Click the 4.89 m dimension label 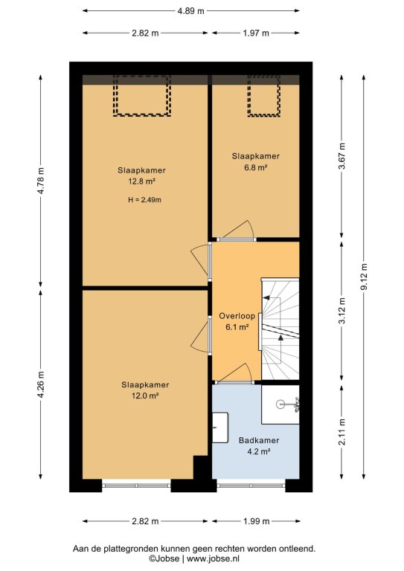tap(190, 11)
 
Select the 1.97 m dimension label tap(256, 33)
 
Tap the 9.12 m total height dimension tap(364, 277)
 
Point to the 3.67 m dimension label tap(342, 156)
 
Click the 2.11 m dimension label tap(342, 432)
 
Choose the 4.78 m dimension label tap(41, 181)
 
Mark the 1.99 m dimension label tap(256, 521)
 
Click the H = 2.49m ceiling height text tap(144, 199)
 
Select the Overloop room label tap(237, 316)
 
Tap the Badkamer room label tap(259, 440)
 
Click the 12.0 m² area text tap(145, 396)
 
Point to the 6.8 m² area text tap(256, 167)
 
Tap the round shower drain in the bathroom tap(280, 404)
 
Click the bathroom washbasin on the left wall tap(220, 428)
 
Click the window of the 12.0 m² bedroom tap(136, 485)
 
